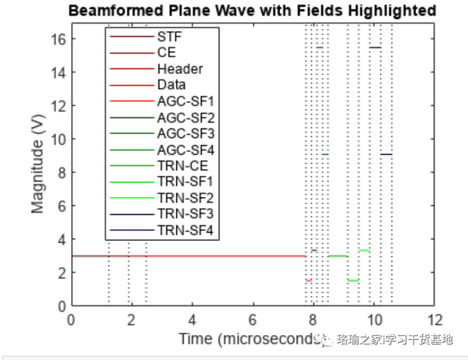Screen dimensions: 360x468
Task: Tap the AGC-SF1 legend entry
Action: [x=185, y=101]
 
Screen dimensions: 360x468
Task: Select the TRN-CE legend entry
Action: [x=182, y=166]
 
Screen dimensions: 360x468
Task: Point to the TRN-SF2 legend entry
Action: [x=185, y=198]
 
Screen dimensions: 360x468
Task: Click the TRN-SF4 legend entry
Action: [x=185, y=231]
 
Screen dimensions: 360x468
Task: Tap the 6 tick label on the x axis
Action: [x=253, y=319]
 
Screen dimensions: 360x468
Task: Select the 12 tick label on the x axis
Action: [x=434, y=319]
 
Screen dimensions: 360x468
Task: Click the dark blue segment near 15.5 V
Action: [x=375, y=48]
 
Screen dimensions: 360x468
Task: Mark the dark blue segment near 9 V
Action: [x=386, y=154]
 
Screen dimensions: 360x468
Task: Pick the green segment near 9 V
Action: [x=324, y=154]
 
